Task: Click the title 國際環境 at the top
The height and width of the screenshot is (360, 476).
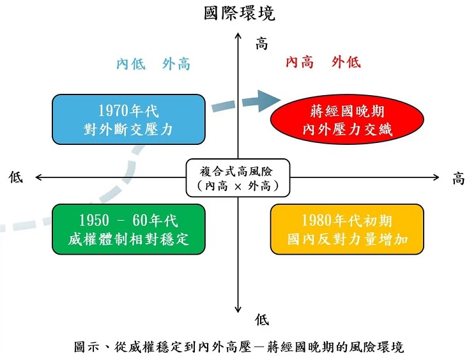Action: pyautogui.click(x=239, y=13)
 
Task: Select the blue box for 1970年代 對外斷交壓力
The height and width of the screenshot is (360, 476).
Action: pyautogui.click(x=128, y=119)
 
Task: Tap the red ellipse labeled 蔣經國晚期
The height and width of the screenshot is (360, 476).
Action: pyautogui.click(x=347, y=119)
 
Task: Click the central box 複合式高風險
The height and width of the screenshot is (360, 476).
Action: pyautogui.click(x=238, y=177)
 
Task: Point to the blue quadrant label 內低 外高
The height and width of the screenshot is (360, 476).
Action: pyautogui.click(x=153, y=64)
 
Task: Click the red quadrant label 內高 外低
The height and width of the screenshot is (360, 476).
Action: pyautogui.click(x=323, y=63)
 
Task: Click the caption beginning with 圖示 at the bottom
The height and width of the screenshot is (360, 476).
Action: pyautogui.click(x=238, y=347)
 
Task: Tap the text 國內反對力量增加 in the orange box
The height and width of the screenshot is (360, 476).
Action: pyautogui.click(x=347, y=240)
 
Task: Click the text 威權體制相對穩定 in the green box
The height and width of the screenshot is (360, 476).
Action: pyautogui.click(x=128, y=240)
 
